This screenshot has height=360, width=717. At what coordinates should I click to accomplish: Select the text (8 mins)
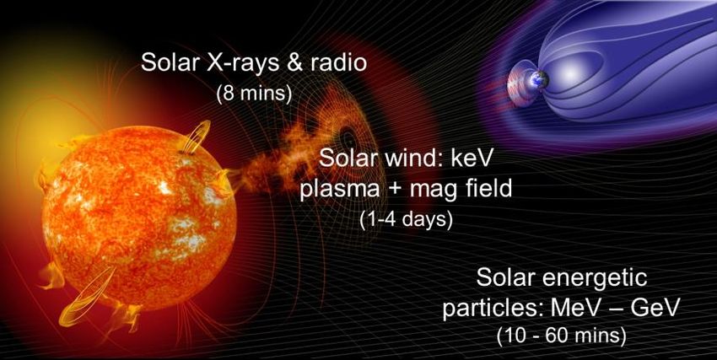254,95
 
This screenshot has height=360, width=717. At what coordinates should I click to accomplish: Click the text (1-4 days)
406,220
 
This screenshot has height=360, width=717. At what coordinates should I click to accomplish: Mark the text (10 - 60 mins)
561,336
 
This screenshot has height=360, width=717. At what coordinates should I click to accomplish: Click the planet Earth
538,80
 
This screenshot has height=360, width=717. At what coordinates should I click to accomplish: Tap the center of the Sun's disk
139,217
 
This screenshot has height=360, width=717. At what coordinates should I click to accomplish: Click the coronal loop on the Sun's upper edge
197,136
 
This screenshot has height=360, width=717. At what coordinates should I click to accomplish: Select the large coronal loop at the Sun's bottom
87,297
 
